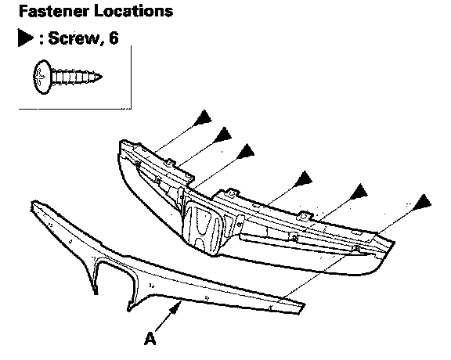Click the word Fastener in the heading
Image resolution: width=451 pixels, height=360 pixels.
[54, 11]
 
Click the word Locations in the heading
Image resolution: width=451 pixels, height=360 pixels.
[134, 11]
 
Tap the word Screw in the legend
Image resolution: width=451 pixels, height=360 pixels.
[74, 38]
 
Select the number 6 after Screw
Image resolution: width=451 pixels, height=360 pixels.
[114, 38]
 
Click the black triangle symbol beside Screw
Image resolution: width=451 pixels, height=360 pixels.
[25, 38]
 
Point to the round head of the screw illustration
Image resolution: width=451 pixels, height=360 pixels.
[42, 77]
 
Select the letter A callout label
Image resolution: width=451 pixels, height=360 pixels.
[150, 338]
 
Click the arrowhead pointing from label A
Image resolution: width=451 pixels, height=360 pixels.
[176, 307]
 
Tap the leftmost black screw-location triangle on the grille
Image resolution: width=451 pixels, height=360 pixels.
[204, 117]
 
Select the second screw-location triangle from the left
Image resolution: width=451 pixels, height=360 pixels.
[223, 135]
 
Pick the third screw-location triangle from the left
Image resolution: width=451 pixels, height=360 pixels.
[246, 151]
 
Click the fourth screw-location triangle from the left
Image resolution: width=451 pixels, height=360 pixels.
[304, 178]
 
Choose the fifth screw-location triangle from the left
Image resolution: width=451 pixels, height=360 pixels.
[359, 192]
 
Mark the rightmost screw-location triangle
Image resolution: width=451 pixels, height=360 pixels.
[422, 202]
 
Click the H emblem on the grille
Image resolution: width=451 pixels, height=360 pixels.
[203, 228]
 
